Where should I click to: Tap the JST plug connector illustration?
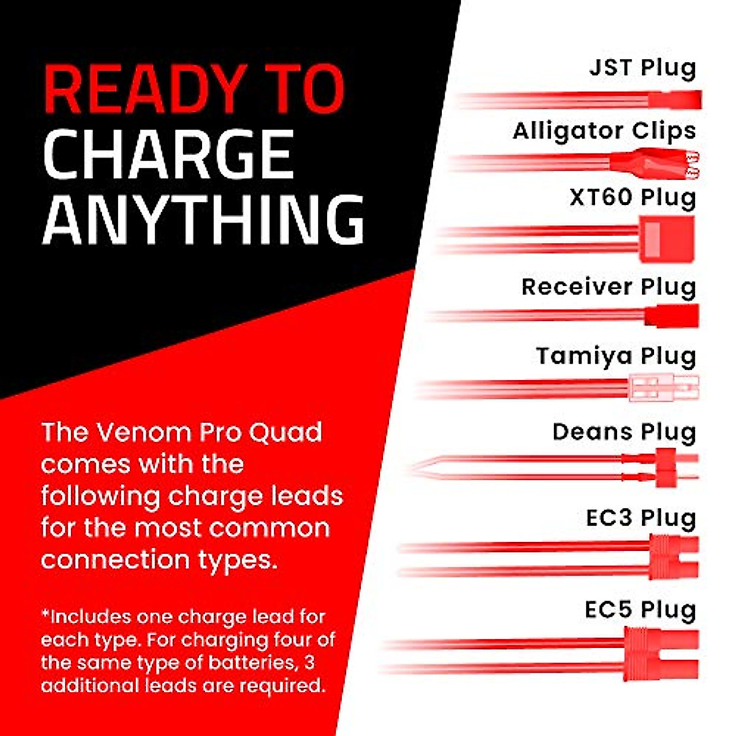tap(675, 100)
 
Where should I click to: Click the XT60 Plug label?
tap(632, 198)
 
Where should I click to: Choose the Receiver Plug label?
tap(609, 287)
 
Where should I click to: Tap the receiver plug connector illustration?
tap(672, 315)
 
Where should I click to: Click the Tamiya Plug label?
tap(616, 357)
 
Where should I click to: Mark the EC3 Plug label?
tap(641, 519)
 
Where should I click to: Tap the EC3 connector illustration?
tap(673, 558)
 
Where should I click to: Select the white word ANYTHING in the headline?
tap(203, 219)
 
